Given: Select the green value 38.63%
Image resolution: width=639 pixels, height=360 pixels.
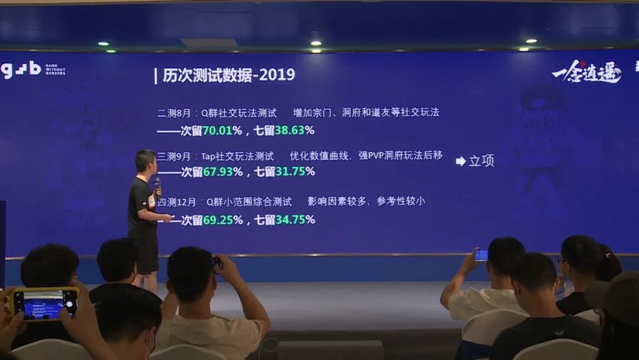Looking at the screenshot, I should tap(295, 130).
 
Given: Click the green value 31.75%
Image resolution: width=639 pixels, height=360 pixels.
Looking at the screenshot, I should tap(295, 172).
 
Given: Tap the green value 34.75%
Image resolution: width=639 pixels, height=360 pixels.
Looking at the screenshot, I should tap(295, 220).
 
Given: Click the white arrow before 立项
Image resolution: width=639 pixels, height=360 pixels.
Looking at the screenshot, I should tap(461, 161).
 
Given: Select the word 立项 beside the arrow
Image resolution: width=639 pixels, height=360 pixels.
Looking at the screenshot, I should tap(482, 161).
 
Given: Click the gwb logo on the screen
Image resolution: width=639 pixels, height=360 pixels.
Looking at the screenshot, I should tap(21, 69).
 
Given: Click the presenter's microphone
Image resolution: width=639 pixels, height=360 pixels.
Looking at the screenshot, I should tap(157, 185).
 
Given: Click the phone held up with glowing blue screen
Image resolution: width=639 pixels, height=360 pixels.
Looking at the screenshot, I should tap(481, 255).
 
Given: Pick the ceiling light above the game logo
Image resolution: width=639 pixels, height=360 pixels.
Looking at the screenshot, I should tap(531, 41).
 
